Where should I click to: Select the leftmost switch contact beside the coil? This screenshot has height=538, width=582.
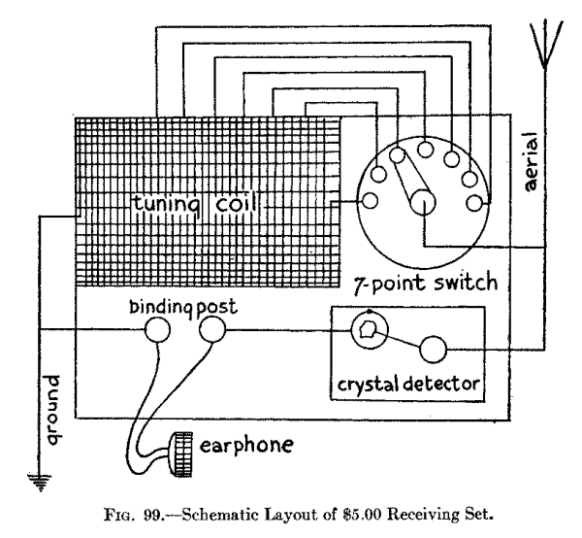pos(369,201)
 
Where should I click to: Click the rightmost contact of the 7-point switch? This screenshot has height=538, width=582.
pos(475,202)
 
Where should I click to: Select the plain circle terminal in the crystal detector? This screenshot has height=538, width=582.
pos(433,349)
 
